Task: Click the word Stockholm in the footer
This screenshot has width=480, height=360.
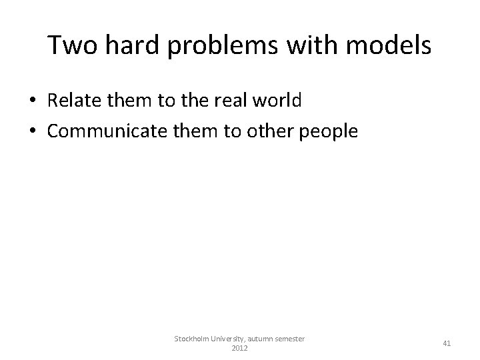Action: (192, 339)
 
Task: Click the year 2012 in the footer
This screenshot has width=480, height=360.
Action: (239, 349)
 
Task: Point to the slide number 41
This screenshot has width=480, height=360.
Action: (447, 344)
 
